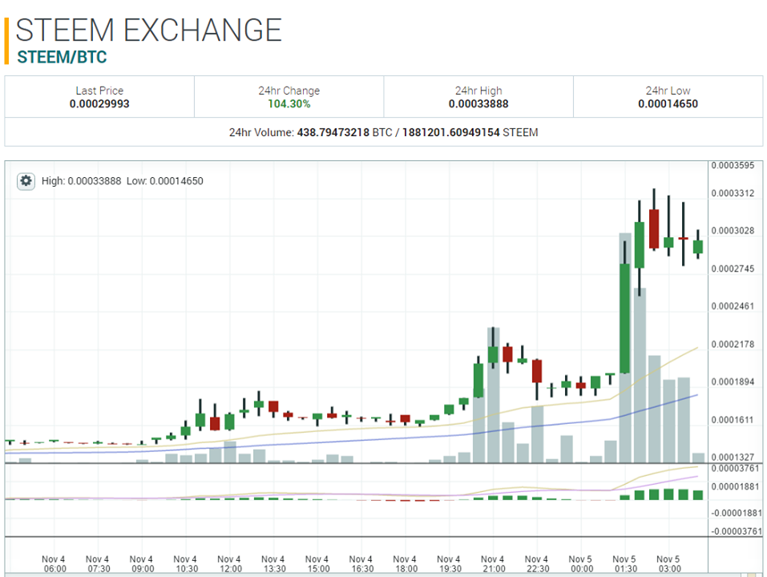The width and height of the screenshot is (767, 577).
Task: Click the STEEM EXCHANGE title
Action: click(149, 30)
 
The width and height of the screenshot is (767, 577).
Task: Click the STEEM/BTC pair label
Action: click(62, 58)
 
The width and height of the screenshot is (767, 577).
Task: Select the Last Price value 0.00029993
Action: click(99, 104)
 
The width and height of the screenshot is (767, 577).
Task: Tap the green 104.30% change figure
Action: click(289, 104)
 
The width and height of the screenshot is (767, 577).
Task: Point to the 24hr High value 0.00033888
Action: click(478, 104)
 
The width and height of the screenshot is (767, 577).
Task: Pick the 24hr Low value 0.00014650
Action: click(668, 104)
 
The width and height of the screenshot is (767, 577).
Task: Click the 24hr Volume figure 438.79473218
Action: click(332, 132)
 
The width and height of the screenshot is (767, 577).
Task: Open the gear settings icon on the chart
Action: click(26, 181)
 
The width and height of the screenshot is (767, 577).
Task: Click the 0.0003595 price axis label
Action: click(732, 166)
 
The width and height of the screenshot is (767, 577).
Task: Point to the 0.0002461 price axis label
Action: click(732, 306)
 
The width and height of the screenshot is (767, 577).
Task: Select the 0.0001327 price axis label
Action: click(732, 457)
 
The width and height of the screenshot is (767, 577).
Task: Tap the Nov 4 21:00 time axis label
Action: click(492, 563)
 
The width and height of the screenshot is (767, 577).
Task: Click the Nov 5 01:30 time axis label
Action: click(624, 563)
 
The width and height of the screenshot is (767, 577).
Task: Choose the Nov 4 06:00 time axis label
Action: click(54, 563)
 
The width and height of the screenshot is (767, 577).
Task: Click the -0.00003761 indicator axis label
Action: click(735, 531)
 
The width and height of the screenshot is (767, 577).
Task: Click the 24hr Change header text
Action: click(289, 91)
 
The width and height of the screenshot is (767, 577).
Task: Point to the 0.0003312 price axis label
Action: click(732, 193)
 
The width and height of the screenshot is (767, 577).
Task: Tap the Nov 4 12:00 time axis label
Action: click(228, 563)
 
